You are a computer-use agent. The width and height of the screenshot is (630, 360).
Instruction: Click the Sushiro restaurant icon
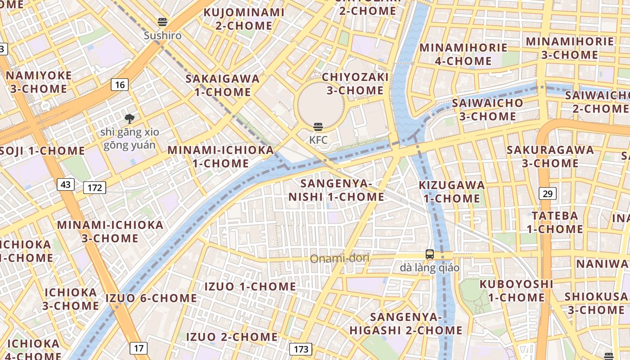click(x=162, y=22)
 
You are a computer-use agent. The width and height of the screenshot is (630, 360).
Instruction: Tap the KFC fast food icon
click(x=318, y=127)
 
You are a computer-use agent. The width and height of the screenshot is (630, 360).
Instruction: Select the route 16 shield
click(x=119, y=84)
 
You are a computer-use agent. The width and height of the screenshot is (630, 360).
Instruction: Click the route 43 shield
click(x=66, y=184)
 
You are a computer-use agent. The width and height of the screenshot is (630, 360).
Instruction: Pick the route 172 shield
click(x=94, y=187)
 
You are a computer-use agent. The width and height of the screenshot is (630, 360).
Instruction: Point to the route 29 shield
click(x=547, y=194)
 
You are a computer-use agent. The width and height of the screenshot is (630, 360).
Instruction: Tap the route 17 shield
click(x=139, y=348)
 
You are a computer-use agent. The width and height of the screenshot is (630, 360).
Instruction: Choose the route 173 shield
click(x=301, y=349)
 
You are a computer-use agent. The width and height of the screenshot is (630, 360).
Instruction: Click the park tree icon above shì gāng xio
click(x=130, y=119)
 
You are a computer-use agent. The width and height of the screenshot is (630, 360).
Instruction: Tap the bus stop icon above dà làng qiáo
click(x=430, y=254)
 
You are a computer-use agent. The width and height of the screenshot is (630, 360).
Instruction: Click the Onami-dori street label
click(x=340, y=258)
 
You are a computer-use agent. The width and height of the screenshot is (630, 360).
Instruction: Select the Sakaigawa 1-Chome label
click(x=223, y=85)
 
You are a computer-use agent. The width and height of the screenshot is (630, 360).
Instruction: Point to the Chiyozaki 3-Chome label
click(x=355, y=84)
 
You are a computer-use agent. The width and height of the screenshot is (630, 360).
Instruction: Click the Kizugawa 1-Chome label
click(x=452, y=192)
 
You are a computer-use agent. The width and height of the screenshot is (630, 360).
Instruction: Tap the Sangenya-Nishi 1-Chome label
click(x=336, y=190)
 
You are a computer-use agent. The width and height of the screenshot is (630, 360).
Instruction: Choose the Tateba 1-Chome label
click(x=555, y=222)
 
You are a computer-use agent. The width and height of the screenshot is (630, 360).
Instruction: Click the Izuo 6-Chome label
click(x=151, y=298)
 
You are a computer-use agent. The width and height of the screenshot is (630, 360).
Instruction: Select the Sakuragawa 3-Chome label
click(x=550, y=156)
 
